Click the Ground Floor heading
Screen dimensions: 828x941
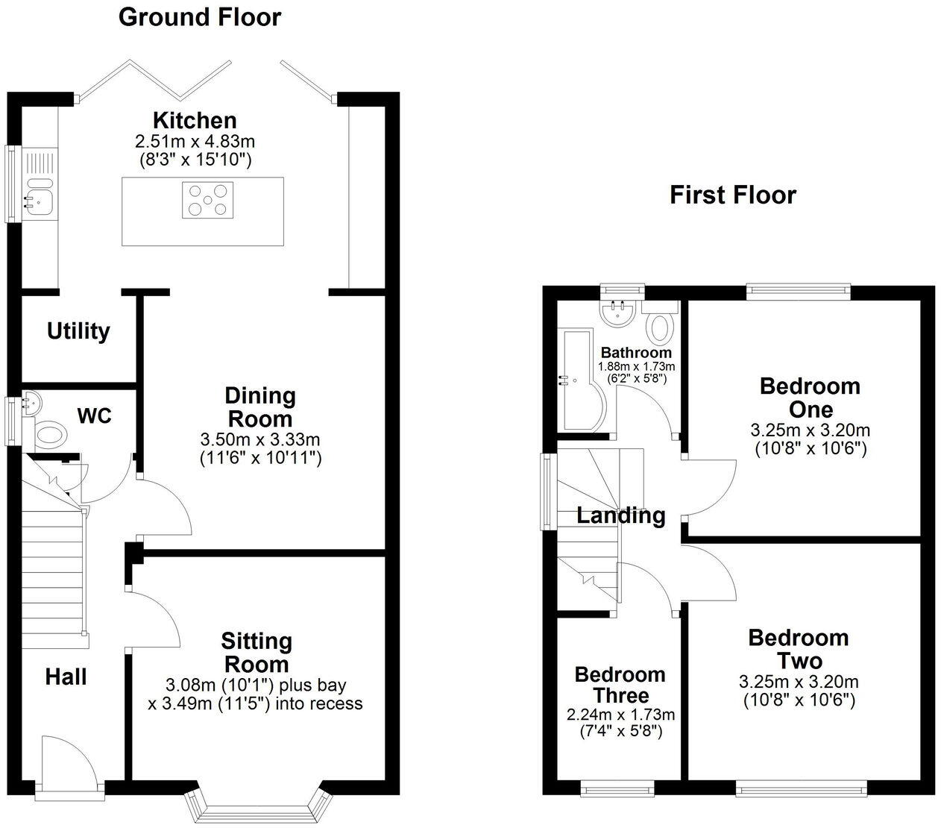tap(200, 16)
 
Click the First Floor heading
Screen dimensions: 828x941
tap(732, 195)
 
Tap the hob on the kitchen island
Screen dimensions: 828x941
tap(207, 200)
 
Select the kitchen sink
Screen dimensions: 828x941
tap(37, 199)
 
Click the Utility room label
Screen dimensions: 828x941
tap(78, 331)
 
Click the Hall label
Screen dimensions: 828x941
tap(66, 677)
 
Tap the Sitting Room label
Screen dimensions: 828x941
tap(256, 652)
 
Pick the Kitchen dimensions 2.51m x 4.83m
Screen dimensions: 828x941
tap(195, 140)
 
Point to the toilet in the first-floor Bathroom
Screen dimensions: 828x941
tap(660, 326)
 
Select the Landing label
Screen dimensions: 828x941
tap(620, 515)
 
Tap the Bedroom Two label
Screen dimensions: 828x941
tap(798, 649)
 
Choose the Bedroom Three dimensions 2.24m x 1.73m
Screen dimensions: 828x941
tap(620, 714)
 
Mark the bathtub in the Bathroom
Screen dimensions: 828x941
tap(582, 380)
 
